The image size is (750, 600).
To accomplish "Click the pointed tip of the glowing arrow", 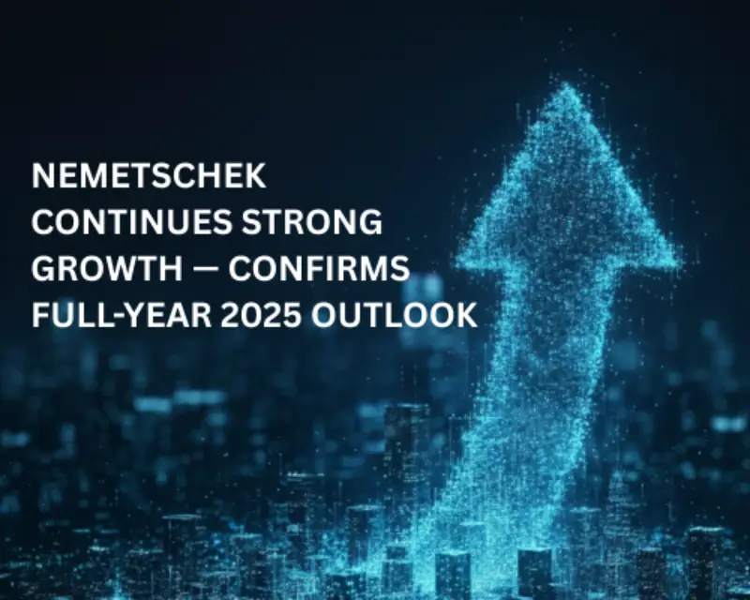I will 565,86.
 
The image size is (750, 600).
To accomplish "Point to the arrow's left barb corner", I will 461,251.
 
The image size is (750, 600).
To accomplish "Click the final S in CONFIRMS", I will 400,270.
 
